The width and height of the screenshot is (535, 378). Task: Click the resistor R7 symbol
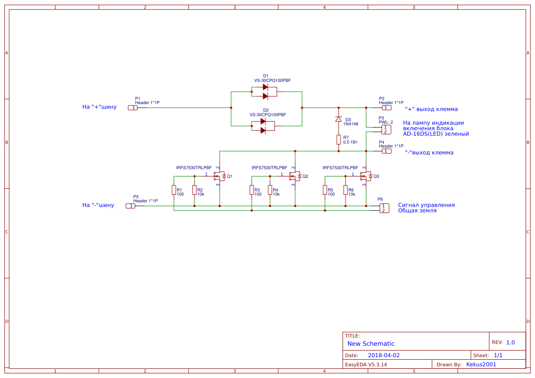339,139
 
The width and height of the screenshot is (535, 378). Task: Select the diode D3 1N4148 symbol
339,119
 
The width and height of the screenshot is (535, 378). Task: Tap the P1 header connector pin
132,108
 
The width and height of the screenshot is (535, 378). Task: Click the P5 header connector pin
130,206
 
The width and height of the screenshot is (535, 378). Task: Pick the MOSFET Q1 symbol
220,176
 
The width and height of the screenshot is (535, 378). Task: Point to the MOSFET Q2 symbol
295,176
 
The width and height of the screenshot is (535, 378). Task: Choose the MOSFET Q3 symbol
366,176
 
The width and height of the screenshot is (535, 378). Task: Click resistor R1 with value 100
174,190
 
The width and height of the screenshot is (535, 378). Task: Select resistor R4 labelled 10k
270,190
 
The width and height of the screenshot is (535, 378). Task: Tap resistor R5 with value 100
325,190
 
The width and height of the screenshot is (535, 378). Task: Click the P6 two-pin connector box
384,208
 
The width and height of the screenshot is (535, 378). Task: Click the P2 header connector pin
387,108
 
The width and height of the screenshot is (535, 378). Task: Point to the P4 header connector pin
387,151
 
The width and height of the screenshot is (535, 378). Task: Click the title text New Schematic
371,344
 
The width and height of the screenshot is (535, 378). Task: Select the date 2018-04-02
384,355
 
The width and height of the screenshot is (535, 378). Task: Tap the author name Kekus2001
481,365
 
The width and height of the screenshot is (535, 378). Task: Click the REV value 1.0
510,342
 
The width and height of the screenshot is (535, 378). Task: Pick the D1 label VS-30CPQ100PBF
272,80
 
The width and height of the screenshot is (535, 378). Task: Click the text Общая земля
417,211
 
